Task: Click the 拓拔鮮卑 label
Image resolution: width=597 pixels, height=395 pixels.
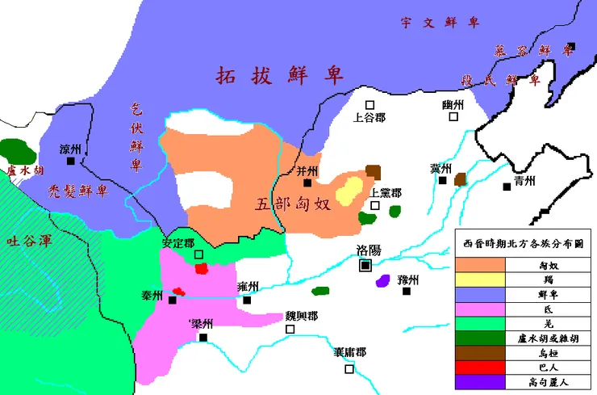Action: click(x=279, y=76)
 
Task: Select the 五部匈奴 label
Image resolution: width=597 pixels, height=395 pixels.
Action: click(x=293, y=203)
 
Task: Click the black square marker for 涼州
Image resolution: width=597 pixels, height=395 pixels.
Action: click(x=71, y=161)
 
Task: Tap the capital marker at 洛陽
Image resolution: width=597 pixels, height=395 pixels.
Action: click(x=365, y=265)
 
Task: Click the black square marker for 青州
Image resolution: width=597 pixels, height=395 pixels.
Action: click(x=507, y=187)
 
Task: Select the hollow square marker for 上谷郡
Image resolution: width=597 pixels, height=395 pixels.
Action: click(x=369, y=104)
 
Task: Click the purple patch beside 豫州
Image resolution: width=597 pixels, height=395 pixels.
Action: click(x=382, y=282)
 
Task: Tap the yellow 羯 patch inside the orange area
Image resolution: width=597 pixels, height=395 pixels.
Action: click(x=349, y=191)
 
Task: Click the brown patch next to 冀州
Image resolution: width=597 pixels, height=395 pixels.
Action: click(x=461, y=179)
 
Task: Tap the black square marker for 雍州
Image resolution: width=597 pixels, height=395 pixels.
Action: click(x=247, y=300)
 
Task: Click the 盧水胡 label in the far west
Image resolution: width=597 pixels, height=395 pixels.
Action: click(x=18, y=171)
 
